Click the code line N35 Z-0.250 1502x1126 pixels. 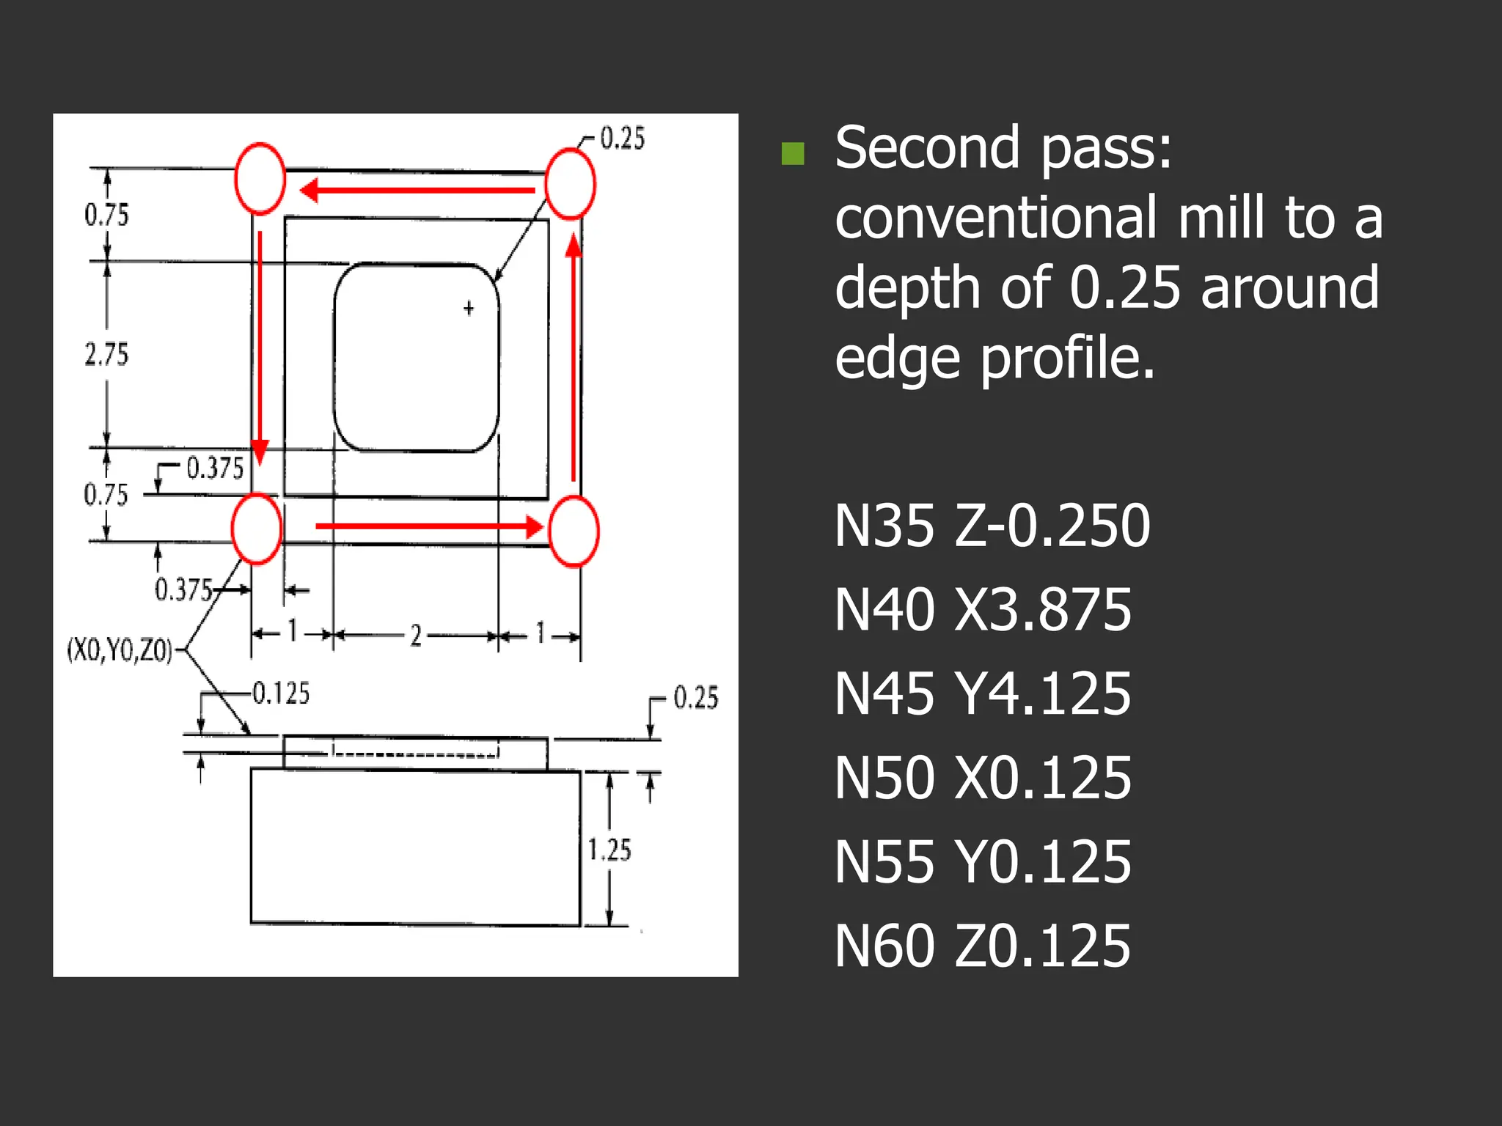[992, 526]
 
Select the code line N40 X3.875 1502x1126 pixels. [983, 610]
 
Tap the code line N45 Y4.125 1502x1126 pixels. [983, 694]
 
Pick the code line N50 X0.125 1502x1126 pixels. [983, 778]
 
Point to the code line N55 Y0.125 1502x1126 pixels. [983, 862]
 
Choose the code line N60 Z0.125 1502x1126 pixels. [983, 946]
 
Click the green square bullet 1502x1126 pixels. [793, 153]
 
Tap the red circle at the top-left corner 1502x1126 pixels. [260, 179]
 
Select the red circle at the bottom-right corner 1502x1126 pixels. [574, 531]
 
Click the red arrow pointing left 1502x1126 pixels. [417, 191]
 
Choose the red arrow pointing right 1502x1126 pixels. [429, 526]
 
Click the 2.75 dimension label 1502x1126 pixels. [106, 355]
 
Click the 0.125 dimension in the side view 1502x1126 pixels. [281, 693]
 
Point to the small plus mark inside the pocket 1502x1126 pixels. [469, 309]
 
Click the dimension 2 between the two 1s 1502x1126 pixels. [416, 635]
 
